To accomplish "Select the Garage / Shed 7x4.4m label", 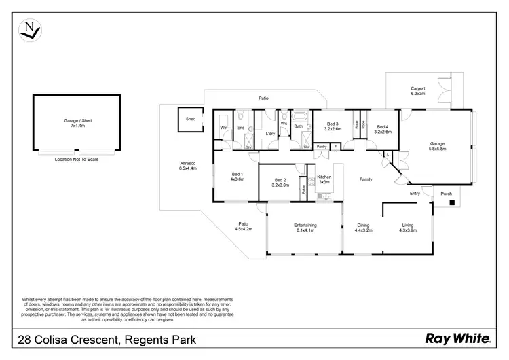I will [x=77, y=123].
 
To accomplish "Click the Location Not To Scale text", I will [x=77, y=158].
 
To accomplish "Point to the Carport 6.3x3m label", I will [x=417, y=91].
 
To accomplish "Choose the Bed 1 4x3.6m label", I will [x=236, y=176].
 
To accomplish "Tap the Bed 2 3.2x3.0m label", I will [x=280, y=182].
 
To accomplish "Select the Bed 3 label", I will [x=332, y=126].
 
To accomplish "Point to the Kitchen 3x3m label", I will [x=324, y=179].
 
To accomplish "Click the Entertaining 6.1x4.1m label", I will [x=305, y=228].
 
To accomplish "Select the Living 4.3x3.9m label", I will [x=407, y=228].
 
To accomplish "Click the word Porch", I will [x=446, y=194].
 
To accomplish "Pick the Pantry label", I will [x=322, y=146].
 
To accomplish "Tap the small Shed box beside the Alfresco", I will [x=191, y=119].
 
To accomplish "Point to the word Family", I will [x=366, y=179].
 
